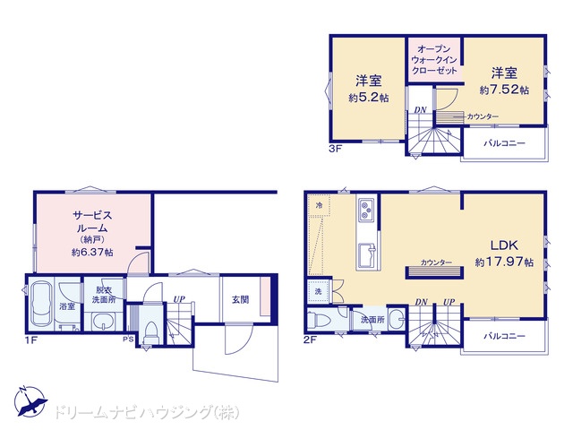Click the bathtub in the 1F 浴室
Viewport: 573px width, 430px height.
tap(41, 304)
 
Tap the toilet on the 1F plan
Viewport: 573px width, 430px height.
tap(150, 331)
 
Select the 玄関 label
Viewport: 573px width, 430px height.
tap(240, 299)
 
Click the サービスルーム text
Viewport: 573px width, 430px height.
tap(92, 221)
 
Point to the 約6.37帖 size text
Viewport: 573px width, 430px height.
tap(92, 252)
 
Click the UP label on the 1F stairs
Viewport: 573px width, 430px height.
tap(179, 299)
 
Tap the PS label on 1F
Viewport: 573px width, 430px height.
tap(128, 339)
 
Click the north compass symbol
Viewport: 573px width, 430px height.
tap(30, 401)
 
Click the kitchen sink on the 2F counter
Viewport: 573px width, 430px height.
tap(367, 255)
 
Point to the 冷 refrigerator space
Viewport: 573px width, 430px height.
tap(319, 205)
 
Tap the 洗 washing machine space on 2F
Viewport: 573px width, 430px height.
tap(319, 291)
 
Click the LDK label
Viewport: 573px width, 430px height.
tap(504, 245)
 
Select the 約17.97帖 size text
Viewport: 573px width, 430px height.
tap(504, 262)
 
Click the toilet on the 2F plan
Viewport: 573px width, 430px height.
tap(319, 321)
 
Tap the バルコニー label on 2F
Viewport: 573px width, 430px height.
tap(504, 336)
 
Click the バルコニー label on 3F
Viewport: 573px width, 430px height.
tap(504, 143)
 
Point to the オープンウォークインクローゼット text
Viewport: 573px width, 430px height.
tap(434, 60)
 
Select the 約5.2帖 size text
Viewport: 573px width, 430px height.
tap(368, 98)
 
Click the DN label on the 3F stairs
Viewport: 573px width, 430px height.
tap(420, 109)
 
